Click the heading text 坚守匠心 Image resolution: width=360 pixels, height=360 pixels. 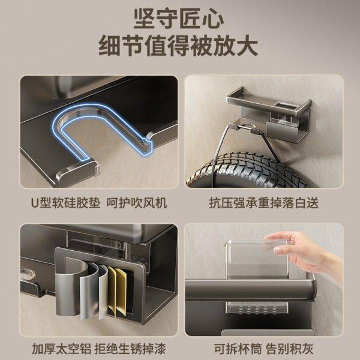tap(179, 19)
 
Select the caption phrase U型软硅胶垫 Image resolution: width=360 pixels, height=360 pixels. tap(61, 203)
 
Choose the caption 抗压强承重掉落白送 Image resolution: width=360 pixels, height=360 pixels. tap(263, 203)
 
